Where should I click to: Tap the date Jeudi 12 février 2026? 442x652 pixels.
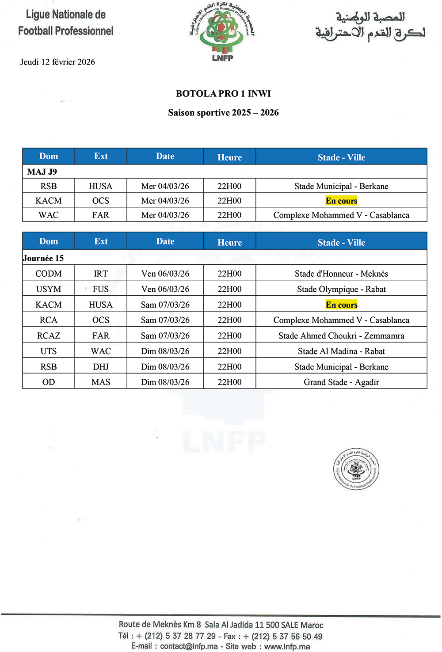point(57,62)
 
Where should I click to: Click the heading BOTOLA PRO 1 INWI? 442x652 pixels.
point(223,94)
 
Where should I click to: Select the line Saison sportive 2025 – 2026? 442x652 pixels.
point(223,113)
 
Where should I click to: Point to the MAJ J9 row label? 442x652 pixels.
point(42,172)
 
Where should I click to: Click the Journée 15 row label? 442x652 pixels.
point(43,258)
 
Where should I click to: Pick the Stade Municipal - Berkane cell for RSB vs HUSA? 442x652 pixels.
point(341,186)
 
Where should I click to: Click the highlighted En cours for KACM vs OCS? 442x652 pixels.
point(341,201)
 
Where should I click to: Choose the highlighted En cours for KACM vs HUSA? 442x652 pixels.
point(341,305)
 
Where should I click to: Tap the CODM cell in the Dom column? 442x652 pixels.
point(49,274)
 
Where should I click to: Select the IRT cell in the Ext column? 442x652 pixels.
point(101,274)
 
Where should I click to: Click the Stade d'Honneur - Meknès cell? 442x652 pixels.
point(341,274)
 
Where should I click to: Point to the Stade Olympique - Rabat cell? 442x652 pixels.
point(341,289)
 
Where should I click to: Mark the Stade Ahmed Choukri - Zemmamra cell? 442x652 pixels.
point(341,336)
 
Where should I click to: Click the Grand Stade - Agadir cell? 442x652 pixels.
point(341,382)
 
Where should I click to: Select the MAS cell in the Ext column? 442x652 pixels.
point(101,382)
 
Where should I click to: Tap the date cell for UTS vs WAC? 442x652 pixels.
point(165,351)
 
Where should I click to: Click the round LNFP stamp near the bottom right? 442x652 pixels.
point(356,469)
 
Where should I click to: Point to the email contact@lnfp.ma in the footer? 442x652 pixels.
point(189,646)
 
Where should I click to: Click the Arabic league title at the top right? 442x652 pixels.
point(370,26)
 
